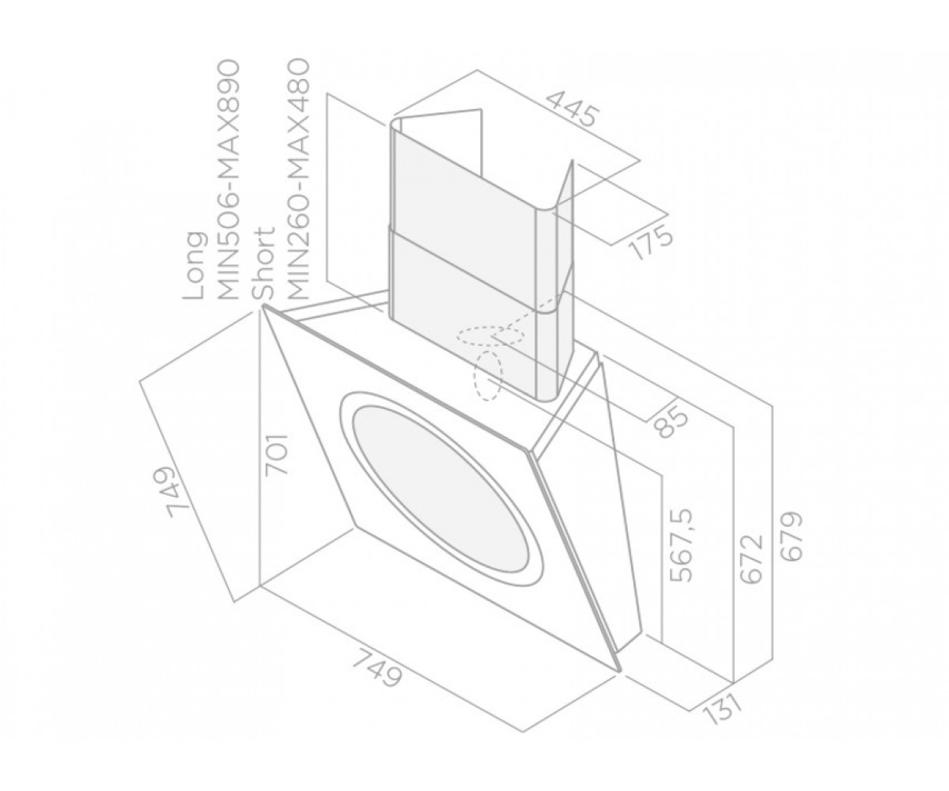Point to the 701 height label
[x=276, y=454]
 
